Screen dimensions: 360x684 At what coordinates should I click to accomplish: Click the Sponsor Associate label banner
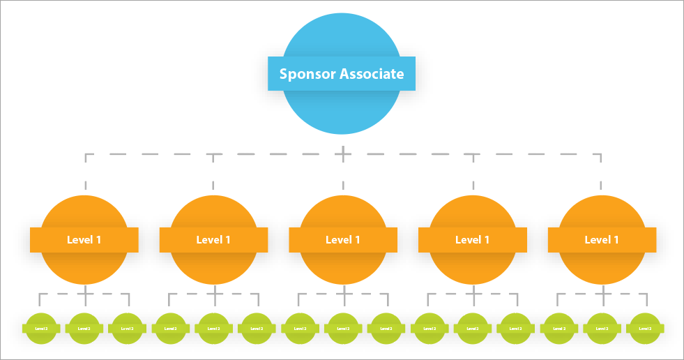(x=342, y=74)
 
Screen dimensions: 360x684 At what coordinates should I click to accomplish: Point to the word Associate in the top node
(x=372, y=74)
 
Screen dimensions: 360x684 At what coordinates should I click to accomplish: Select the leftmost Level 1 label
(x=84, y=240)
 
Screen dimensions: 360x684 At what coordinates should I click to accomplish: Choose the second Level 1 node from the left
(x=213, y=240)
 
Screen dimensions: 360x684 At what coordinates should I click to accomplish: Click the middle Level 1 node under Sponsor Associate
(x=343, y=240)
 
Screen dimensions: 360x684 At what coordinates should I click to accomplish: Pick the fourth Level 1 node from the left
(x=472, y=240)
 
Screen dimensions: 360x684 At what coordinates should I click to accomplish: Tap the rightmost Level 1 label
(x=602, y=240)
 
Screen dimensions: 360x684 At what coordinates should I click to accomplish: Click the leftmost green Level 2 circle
(x=40, y=328)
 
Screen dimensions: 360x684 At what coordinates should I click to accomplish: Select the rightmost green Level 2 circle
(x=645, y=328)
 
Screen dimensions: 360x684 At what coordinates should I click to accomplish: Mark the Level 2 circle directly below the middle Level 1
(x=343, y=328)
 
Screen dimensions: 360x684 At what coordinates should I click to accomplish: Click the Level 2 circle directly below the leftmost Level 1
(x=84, y=328)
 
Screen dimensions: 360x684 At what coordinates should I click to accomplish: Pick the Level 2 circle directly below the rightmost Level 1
(x=602, y=328)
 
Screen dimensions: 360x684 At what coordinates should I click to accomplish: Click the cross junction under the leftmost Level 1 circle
(x=84, y=294)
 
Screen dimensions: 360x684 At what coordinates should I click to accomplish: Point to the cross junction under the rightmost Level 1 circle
(x=602, y=294)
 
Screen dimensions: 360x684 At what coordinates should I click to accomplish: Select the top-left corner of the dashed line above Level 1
(x=86, y=154)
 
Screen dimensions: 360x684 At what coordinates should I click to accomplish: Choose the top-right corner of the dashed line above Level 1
(x=601, y=154)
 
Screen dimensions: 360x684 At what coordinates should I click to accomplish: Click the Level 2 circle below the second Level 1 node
(x=213, y=328)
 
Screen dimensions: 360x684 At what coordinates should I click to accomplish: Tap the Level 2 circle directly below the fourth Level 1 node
(x=472, y=328)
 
